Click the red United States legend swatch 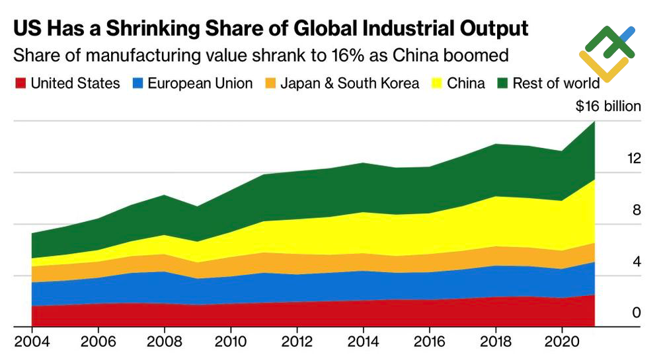(x=20, y=83)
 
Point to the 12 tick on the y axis (x=634, y=159)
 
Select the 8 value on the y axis (x=637, y=210)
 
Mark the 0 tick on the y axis (x=637, y=312)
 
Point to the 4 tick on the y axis (x=637, y=262)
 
